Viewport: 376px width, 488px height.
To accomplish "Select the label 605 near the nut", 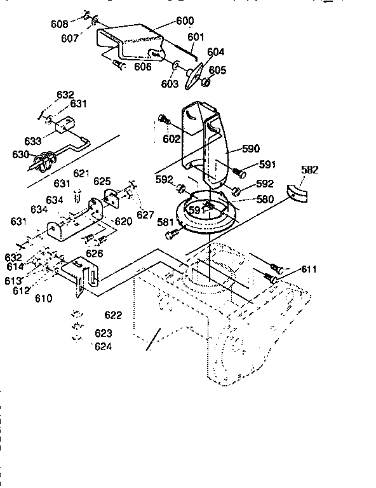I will pos(217,70).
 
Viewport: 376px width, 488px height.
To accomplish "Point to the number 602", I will pos(171,139).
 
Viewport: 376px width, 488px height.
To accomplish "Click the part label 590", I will pos(251,149).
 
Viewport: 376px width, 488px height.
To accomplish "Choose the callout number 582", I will pos(310,170).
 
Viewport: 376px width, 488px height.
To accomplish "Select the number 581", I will pos(166,222).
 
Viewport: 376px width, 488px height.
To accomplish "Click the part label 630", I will pos(21,154).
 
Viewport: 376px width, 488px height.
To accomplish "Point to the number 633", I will pos(34,141).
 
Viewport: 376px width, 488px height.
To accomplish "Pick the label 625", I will pos(102,181).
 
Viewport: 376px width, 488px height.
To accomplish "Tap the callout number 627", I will pos(145,215).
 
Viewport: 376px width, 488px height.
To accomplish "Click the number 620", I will pos(123,222).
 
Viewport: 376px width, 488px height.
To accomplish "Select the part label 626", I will pos(95,253).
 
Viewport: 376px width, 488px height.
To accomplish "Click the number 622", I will pos(113,315).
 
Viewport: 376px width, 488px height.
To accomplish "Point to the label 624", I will pos(103,346).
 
